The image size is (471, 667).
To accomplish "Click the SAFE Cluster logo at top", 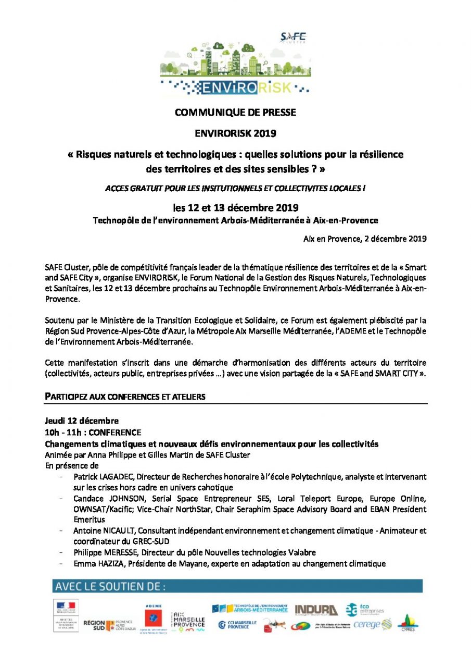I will pyautogui.click(x=293, y=38).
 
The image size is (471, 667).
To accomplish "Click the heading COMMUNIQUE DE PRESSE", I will pyautogui.click(x=235, y=113).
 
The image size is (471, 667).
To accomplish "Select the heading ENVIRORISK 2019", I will pyautogui.click(x=235, y=133).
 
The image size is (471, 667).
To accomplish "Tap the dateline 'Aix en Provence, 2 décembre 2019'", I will pyautogui.click(x=365, y=239).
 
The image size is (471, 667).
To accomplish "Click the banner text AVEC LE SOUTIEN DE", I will pyautogui.click(x=109, y=586).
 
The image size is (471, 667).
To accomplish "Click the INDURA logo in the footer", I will pyautogui.click(x=316, y=610).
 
